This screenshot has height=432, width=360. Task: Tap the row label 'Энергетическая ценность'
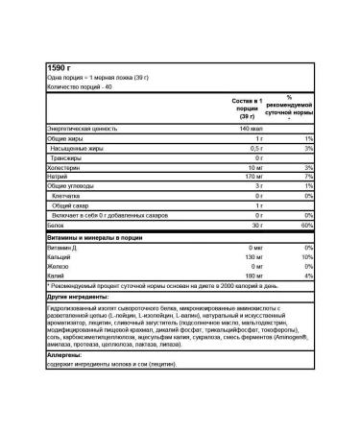83,128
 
